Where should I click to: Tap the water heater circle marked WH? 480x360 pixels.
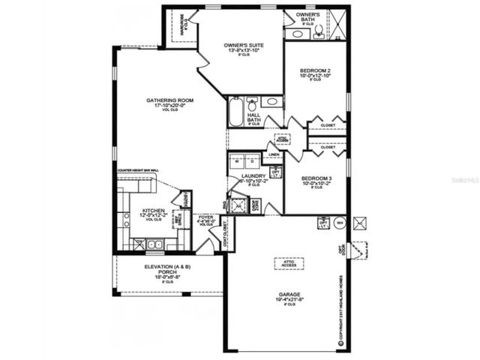[x=339, y=223]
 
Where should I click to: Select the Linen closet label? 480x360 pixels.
[x=274, y=155]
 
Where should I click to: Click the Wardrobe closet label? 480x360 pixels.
[x=180, y=24]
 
